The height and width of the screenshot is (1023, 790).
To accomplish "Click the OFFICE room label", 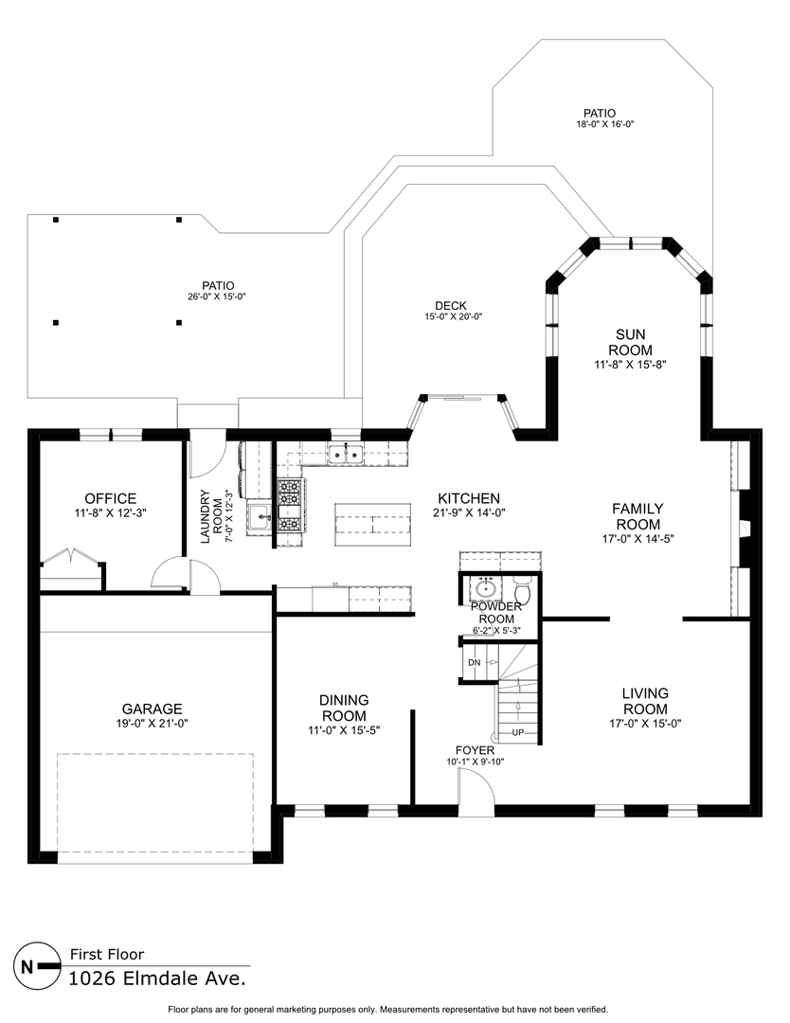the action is pos(110,499).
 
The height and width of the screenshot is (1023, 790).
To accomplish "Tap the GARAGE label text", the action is pos(152,709).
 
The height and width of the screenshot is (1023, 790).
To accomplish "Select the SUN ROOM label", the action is pos(630,343).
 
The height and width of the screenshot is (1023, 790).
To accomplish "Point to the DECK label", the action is pos(451,305).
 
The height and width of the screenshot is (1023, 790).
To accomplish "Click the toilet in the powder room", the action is pos(523,591).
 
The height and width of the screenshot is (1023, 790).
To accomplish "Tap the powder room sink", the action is pos(485,589).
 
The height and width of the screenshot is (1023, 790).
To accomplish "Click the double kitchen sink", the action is pos(346,453).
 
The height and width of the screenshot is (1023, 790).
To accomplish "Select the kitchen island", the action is pos(373,524).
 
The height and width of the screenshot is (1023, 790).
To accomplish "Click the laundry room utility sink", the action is pos(259,519).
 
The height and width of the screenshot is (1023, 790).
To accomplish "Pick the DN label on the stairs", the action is pos(475,663).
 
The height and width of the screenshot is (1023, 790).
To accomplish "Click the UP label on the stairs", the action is pos(518,732).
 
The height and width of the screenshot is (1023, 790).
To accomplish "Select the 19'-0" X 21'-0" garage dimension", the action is pos(152,723).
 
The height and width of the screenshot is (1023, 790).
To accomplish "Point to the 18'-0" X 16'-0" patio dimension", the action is pos(605,124).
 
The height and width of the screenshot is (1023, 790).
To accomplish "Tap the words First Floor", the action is pos(107,955).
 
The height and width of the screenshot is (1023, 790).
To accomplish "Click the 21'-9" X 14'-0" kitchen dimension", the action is pos(469,512).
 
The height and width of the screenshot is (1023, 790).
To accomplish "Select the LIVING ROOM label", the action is pos(645,701).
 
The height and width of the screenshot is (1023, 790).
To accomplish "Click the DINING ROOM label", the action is pos(344,708).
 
